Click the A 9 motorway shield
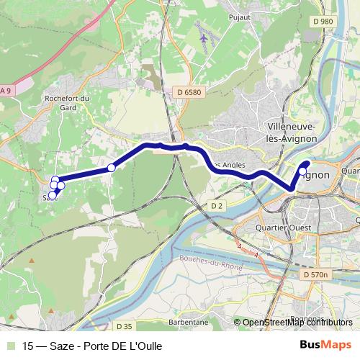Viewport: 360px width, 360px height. pyautogui.click(x=6, y=90)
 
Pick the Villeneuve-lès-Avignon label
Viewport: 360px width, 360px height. pyautogui.click(x=292, y=130)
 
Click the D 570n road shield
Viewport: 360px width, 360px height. pyautogui.click(x=315, y=274)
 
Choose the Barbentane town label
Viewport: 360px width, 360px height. pyautogui.click(x=189, y=322)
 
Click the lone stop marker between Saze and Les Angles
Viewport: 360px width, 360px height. pyautogui.click(x=111, y=168)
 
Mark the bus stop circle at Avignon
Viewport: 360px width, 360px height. pyautogui.click(x=302, y=171)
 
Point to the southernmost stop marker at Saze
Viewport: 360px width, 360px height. pyautogui.click(x=51, y=195)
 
